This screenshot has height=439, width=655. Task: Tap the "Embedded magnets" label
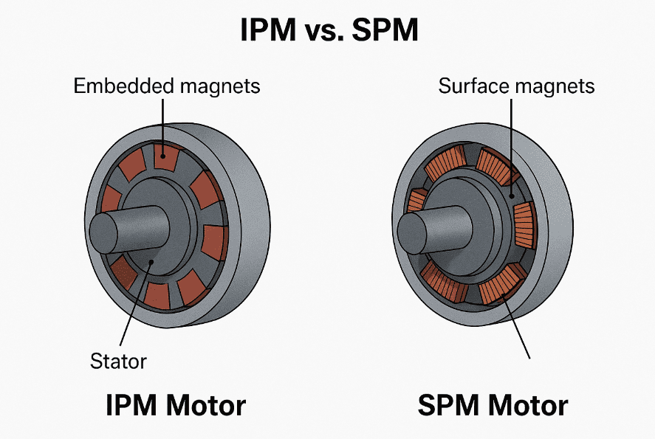pyautogui.click(x=167, y=86)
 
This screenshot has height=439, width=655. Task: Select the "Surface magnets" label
pyautogui.click(x=516, y=86)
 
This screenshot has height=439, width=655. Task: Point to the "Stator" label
pyautogui.click(x=119, y=362)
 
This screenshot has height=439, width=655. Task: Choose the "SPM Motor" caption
pyautogui.click(x=493, y=406)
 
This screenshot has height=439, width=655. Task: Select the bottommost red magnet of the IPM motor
pyautogui.click(x=157, y=295)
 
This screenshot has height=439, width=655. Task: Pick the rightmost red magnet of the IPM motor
pyautogui.click(x=215, y=242)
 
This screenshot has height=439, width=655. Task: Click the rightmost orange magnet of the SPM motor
pyautogui.click(x=524, y=225)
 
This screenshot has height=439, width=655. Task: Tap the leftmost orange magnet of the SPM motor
pyautogui.click(x=416, y=201)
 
